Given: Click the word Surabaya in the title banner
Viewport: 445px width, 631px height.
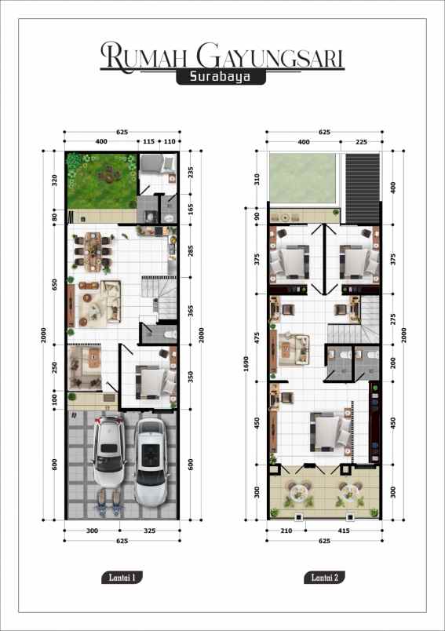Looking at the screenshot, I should (x=221, y=78).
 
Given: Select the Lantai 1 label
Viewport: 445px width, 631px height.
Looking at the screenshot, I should (x=122, y=578).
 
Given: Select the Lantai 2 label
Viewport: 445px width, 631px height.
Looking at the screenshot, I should (x=324, y=578).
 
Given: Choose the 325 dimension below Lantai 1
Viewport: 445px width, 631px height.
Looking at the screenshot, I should (x=150, y=531).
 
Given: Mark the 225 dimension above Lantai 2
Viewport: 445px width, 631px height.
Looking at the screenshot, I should (x=362, y=141).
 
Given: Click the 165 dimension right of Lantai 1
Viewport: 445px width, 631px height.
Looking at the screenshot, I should (x=190, y=210).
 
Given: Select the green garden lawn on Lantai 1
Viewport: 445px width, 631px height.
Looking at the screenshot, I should (x=100, y=179).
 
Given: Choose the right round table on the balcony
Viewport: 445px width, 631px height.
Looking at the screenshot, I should (x=347, y=492).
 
